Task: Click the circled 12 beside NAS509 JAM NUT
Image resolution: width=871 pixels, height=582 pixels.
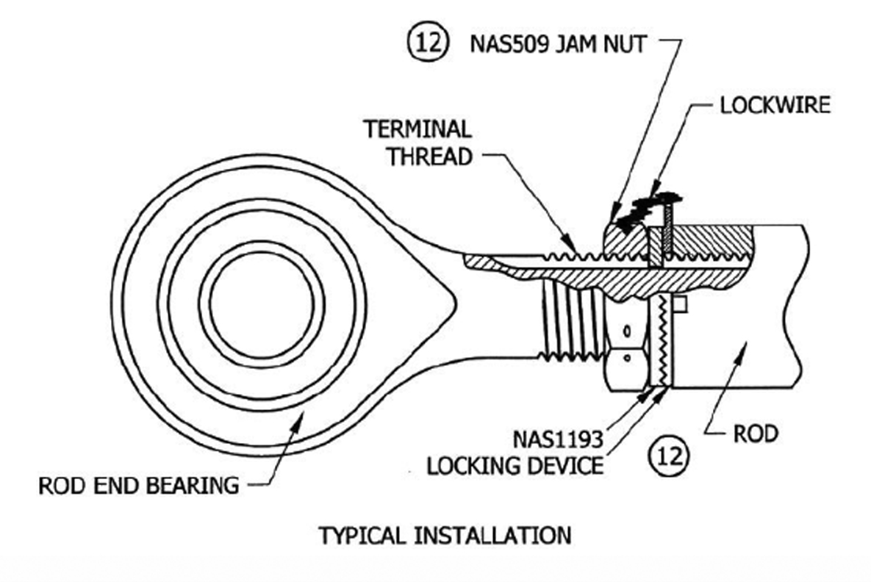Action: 426,43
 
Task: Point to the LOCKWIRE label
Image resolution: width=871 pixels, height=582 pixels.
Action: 775,105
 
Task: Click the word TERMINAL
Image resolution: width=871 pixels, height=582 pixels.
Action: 417,129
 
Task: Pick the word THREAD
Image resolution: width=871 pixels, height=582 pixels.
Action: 430,157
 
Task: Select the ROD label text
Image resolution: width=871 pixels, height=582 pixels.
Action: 756,434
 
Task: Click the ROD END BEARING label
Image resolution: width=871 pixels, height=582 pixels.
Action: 139,485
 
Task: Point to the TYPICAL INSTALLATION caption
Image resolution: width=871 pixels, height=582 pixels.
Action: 444,535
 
